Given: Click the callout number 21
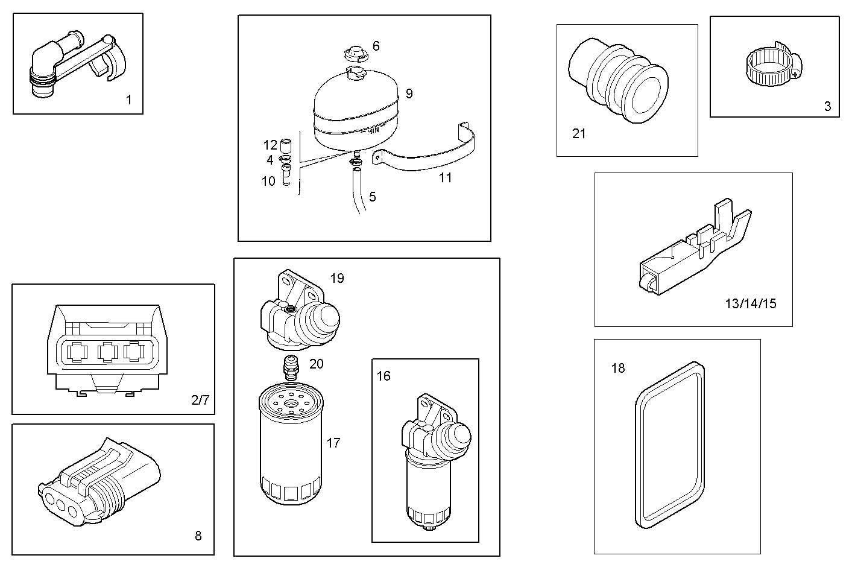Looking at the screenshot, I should point(579,134).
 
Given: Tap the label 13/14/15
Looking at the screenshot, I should point(750,303).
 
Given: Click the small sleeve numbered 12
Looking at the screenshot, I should point(286,145).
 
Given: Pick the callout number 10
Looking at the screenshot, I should point(268,181).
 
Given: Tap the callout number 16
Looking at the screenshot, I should point(383,376).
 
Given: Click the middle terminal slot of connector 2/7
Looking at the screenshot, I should point(107,353).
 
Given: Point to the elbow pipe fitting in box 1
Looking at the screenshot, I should point(45,69).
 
